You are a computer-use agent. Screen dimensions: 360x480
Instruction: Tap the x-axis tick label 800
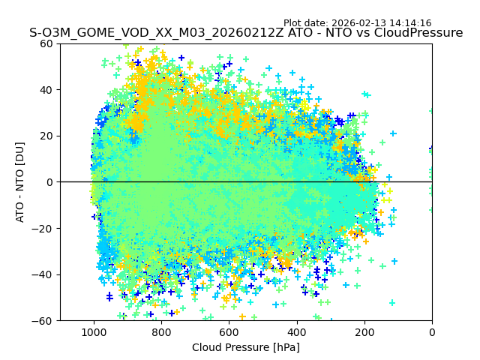click(x=161, y=331)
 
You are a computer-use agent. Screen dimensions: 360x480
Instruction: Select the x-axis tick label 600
click(x=229, y=331)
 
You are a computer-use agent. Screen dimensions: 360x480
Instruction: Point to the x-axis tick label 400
click(x=296, y=331)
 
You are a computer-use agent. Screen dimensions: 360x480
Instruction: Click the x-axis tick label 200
click(x=364, y=331)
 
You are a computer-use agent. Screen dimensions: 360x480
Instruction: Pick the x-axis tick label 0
click(x=432, y=331)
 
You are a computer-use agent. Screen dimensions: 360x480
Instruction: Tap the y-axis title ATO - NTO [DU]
click(x=21, y=182)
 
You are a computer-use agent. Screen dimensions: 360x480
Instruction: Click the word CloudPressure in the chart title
click(x=417, y=33)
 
